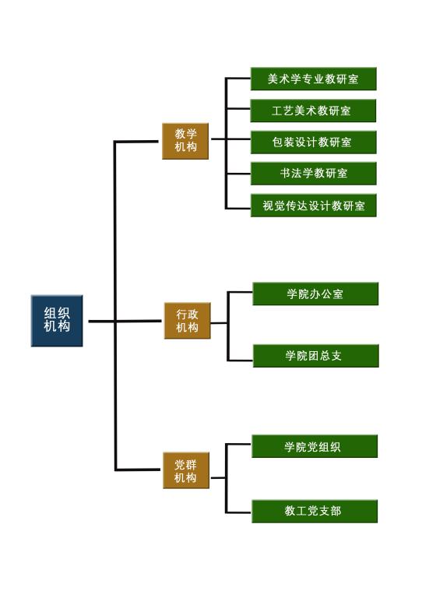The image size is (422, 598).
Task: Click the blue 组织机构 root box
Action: pyautogui.click(x=57, y=321)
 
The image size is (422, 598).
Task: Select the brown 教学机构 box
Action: pyautogui.click(x=185, y=141)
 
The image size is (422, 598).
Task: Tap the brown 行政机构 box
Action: pyautogui.click(x=187, y=321)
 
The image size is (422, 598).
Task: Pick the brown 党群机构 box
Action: pyautogui.click(x=186, y=470)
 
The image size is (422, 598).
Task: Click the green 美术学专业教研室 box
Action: pyautogui.click(x=313, y=79)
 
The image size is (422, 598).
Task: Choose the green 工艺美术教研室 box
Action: pyautogui.click(x=313, y=111)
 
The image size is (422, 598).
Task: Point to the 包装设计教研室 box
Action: pyautogui.click(x=313, y=142)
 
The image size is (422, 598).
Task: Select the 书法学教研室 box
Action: pyautogui.click(x=313, y=174)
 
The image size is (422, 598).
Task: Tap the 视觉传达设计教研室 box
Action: pyautogui.click(x=313, y=206)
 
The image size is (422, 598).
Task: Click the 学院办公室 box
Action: pyautogui.click(x=315, y=294)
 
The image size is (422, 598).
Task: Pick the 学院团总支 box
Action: pyautogui.click(x=315, y=356)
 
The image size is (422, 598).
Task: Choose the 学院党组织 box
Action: pyautogui.click(x=315, y=446)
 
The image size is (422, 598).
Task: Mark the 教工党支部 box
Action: pyautogui.click(x=315, y=511)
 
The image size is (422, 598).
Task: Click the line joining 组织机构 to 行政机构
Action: pyautogui.click(x=125, y=321)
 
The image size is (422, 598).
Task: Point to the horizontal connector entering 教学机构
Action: pyautogui.click(x=136, y=142)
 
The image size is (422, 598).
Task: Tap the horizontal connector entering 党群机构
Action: pyautogui.click(x=138, y=470)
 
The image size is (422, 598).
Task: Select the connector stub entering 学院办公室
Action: pyautogui.click(x=240, y=293)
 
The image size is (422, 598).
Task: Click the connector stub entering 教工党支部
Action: pyautogui.click(x=238, y=512)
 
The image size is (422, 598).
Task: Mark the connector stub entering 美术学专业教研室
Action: pyautogui.click(x=237, y=79)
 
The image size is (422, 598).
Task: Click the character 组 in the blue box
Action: pyautogui.click(x=51, y=314)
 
